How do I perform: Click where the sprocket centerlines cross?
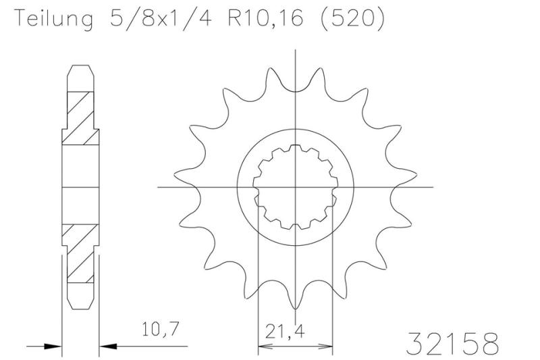(295, 186)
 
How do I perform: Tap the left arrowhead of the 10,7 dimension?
(55, 346)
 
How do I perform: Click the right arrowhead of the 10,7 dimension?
(107, 346)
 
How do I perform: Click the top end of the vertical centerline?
(295, 51)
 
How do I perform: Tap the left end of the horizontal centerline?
(159, 186)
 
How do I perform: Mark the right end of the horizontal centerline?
(432, 186)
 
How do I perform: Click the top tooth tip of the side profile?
(80, 66)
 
